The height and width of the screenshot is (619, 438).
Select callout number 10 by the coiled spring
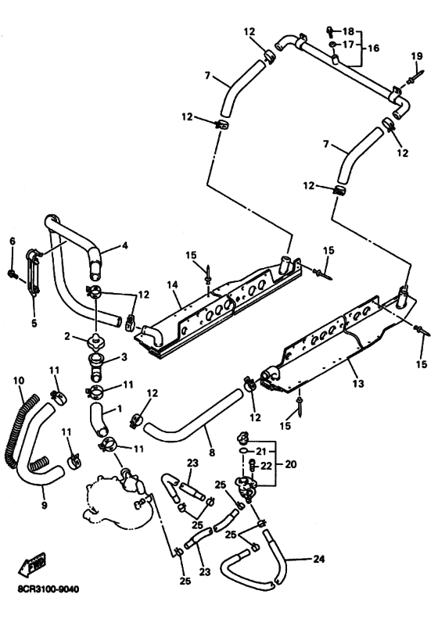(19, 381)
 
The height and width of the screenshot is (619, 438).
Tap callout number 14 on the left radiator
(173, 284)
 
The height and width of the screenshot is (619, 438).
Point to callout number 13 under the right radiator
(358, 383)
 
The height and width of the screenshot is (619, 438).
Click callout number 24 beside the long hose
(319, 559)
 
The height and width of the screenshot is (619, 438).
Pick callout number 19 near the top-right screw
(417, 55)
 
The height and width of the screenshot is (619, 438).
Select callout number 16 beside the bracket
(373, 48)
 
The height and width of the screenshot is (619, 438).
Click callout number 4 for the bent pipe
(125, 245)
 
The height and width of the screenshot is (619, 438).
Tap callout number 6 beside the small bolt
(13, 242)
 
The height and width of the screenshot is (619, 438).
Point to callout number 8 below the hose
(212, 453)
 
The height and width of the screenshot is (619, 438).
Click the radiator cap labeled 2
(97, 340)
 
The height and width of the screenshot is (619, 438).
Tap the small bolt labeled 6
(12, 273)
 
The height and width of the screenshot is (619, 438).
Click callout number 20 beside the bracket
(290, 464)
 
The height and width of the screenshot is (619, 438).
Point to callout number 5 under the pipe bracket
(34, 324)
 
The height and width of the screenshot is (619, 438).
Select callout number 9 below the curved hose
(45, 505)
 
